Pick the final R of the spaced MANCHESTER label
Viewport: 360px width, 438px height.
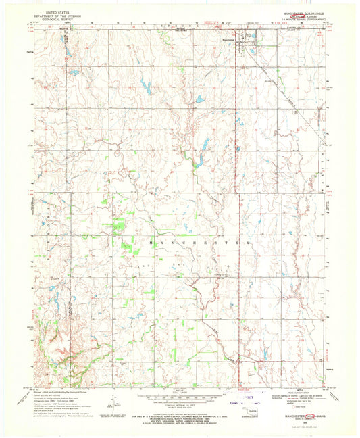click(252, 241)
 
